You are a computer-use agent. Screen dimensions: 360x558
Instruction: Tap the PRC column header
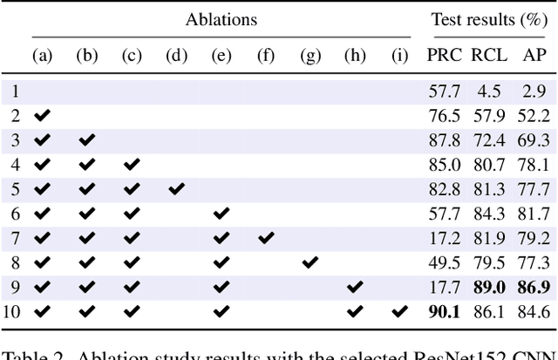click(445, 56)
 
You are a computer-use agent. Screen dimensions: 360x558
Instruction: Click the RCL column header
click(489, 56)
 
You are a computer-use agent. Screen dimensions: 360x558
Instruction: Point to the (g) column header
click(310, 56)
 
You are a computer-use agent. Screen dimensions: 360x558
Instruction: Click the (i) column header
click(399, 56)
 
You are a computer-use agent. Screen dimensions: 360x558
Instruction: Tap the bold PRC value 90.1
click(445, 310)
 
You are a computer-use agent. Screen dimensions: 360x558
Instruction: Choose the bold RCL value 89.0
click(489, 286)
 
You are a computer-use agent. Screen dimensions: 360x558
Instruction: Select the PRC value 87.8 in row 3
click(445, 139)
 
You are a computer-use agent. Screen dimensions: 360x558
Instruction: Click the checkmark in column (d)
click(176, 188)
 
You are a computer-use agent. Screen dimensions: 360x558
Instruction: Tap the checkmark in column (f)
click(266, 237)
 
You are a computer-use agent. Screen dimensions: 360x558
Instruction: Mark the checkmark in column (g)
click(310, 262)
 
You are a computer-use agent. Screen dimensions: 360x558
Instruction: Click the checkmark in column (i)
click(399, 310)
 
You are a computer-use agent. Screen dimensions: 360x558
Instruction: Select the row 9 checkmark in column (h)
click(354, 286)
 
